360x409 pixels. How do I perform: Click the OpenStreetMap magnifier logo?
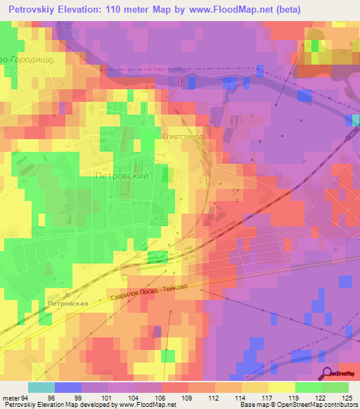pyautogui.click(x=328, y=373)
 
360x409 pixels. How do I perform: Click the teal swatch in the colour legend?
pyautogui.click(x=41, y=387)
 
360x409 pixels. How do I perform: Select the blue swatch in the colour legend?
pyautogui.click(x=68, y=387)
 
